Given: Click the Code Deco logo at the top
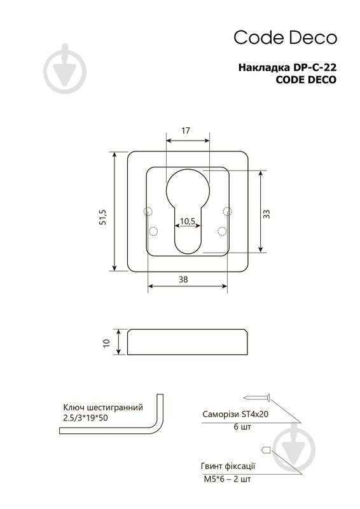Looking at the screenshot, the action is (x=286, y=38).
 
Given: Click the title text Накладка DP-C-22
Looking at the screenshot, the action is (x=287, y=67).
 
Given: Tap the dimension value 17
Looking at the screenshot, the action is (x=185, y=130).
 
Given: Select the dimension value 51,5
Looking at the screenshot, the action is (x=103, y=217).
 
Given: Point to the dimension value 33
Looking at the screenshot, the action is (x=267, y=214).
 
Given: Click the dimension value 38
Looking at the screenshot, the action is (x=183, y=279).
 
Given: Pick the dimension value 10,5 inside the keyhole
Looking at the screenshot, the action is (x=187, y=221).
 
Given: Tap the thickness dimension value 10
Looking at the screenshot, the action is (x=106, y=343).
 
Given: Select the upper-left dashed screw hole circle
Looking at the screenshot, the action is (x=148, y=211).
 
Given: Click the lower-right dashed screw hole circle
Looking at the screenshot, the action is (x=222, y=231).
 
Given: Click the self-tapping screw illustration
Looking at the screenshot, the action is (x=257, y=397).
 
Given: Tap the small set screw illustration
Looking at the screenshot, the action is (x=266, y=450).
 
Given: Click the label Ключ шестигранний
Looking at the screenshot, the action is (x=103, y=407).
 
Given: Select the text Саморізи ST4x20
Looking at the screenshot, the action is (x=235, y=414).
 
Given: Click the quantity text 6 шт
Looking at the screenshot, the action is (x=242, y=427).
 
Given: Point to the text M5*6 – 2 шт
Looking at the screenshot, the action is (x=227, y=479).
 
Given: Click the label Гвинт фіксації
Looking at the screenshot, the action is (x=228, y=466).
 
